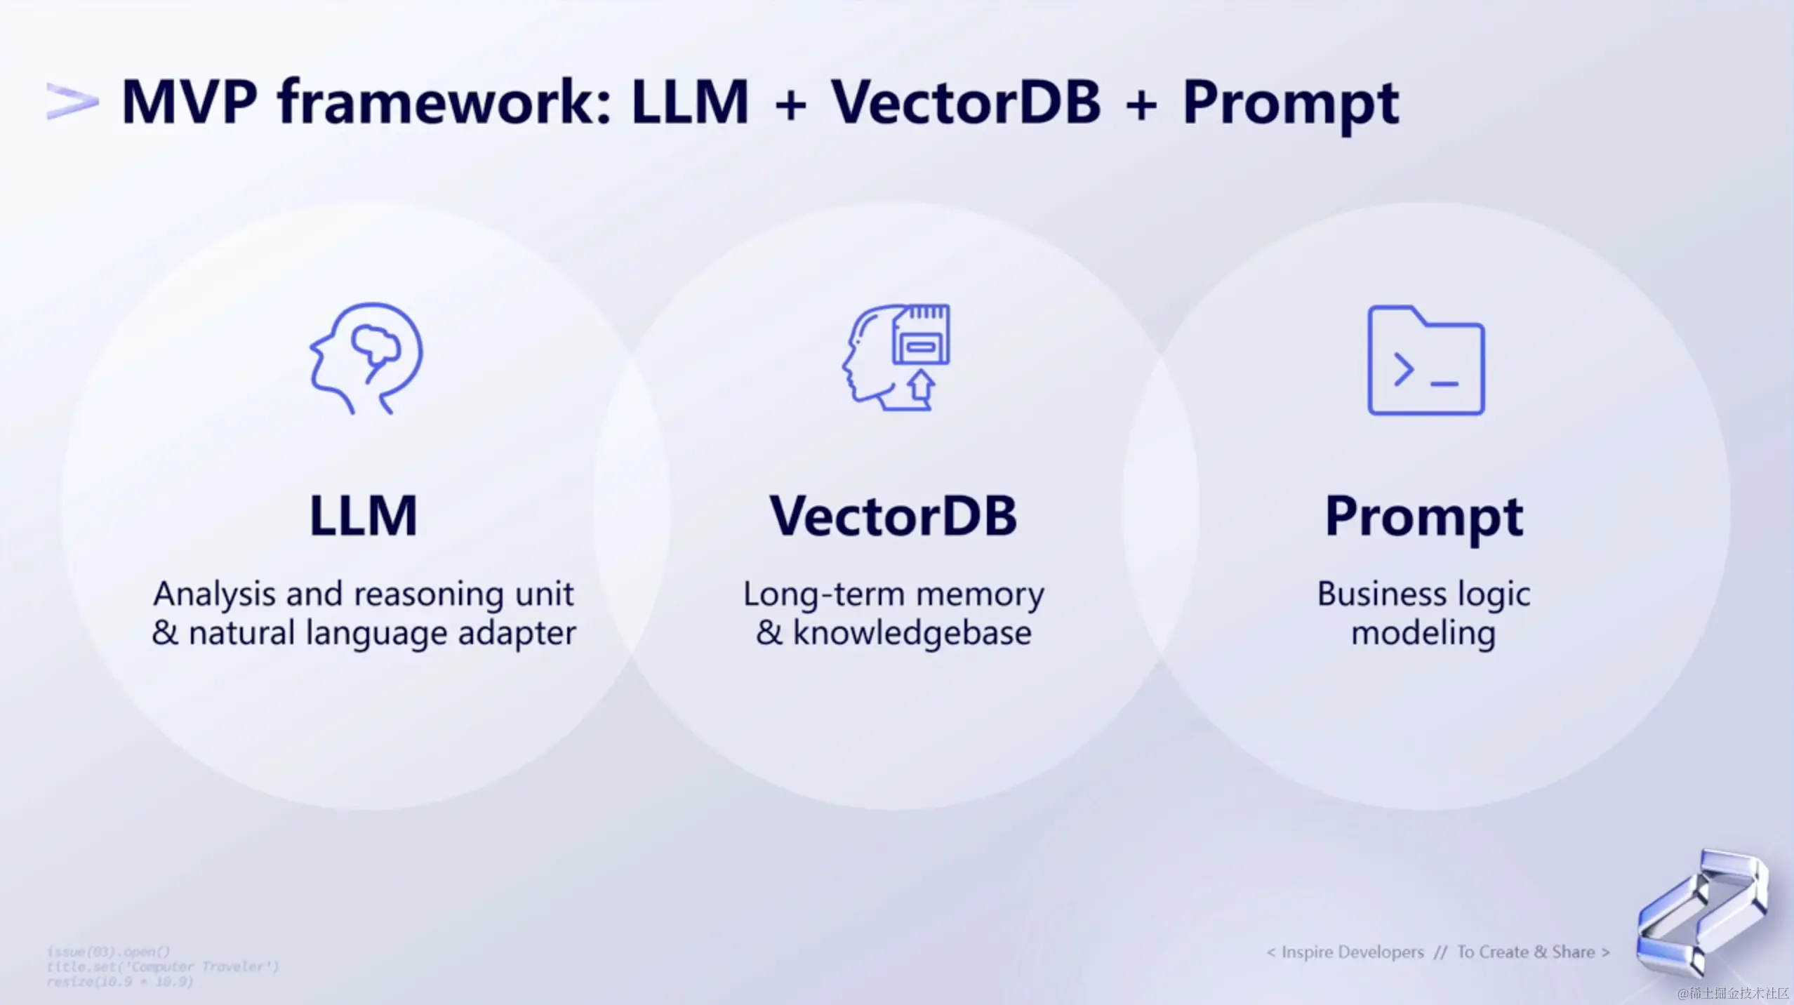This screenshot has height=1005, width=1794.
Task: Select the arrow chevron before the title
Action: tap(72, 102)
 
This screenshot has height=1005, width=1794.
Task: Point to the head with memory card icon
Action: tap(896, 357)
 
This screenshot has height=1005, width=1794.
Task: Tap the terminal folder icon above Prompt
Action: tap(1426, 360)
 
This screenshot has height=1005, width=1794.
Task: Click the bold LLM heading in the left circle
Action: tap(364, 516)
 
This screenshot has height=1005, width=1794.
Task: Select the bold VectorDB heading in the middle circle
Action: tap(893, 516)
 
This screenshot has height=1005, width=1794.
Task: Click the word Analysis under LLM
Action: tap(214, 594)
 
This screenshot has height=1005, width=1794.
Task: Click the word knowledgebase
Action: tap(912, 633)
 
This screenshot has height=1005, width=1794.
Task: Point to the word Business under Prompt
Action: tap(1381, 594)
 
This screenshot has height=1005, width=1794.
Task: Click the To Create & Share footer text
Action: tap(1526, 952)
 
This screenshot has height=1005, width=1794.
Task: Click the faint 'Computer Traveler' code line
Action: tap(163, 966)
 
